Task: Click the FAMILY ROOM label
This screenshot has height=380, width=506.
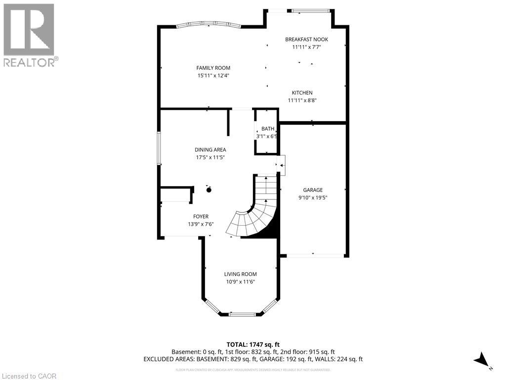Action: tap(213, 68)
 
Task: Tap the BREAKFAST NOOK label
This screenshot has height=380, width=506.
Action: tap(306, 39)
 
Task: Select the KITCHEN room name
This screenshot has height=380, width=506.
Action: tap(302, 93)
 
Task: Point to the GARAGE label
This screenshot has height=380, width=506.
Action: tap(313, 190)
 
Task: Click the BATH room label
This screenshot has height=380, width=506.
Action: tap(268, 129)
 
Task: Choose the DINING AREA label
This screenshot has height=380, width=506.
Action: tap(210, 149)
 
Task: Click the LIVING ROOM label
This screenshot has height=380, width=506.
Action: tap(240, 274)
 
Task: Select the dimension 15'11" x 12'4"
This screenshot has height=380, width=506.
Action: tap(213, 76)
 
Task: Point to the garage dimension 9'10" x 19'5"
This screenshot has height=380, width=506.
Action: tap(313, 197)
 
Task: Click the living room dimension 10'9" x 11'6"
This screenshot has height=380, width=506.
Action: tap(240, 282)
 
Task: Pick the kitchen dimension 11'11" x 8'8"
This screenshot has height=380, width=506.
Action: tap(302, 100)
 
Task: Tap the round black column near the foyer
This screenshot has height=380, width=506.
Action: tap(209, 190)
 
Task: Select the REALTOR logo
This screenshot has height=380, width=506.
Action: tap(29, 35)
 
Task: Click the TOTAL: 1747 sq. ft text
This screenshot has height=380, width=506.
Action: tap(253, 344)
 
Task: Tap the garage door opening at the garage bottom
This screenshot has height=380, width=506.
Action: tap(313, 255)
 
